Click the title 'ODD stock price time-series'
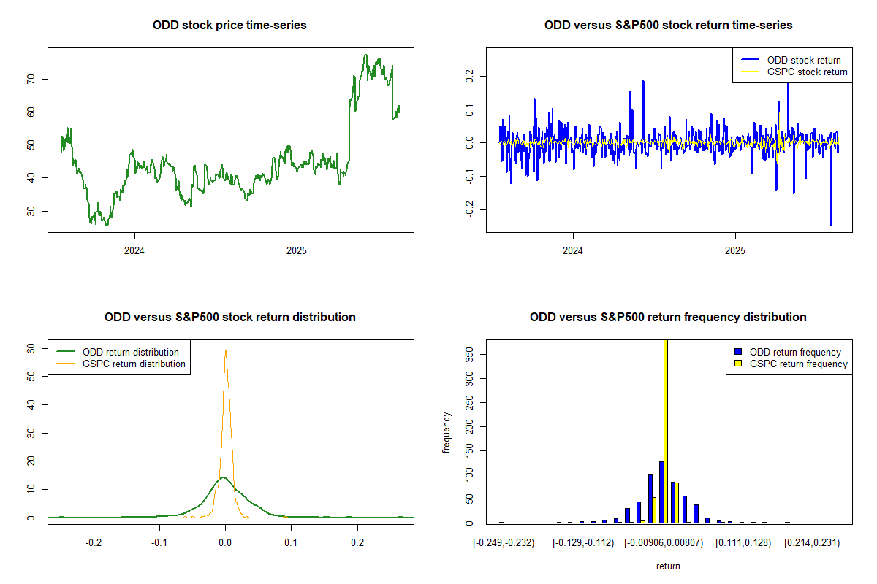pyautogui.click(x=229, y=25)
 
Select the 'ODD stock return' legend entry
pyautogui.click(x=803, y=60)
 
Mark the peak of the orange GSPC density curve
pyautogui.click(x=226, y=351)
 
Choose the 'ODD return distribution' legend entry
pyautogui.click(x=131, y=352)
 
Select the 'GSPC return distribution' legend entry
pyautogui.click(x=134, y=364)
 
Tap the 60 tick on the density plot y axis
pyautogui.click(x=31, y=349)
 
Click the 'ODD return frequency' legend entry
pyautogui.click(x=795, y=352)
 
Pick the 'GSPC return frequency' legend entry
pyautogui.click(x=799, y=364)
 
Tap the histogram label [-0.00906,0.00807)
pyautogui.click(x=666, y=543)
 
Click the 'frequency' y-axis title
pyautogui.click(x=447, y=432)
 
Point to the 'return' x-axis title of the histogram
pyautogui.click(x=668, y=566)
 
